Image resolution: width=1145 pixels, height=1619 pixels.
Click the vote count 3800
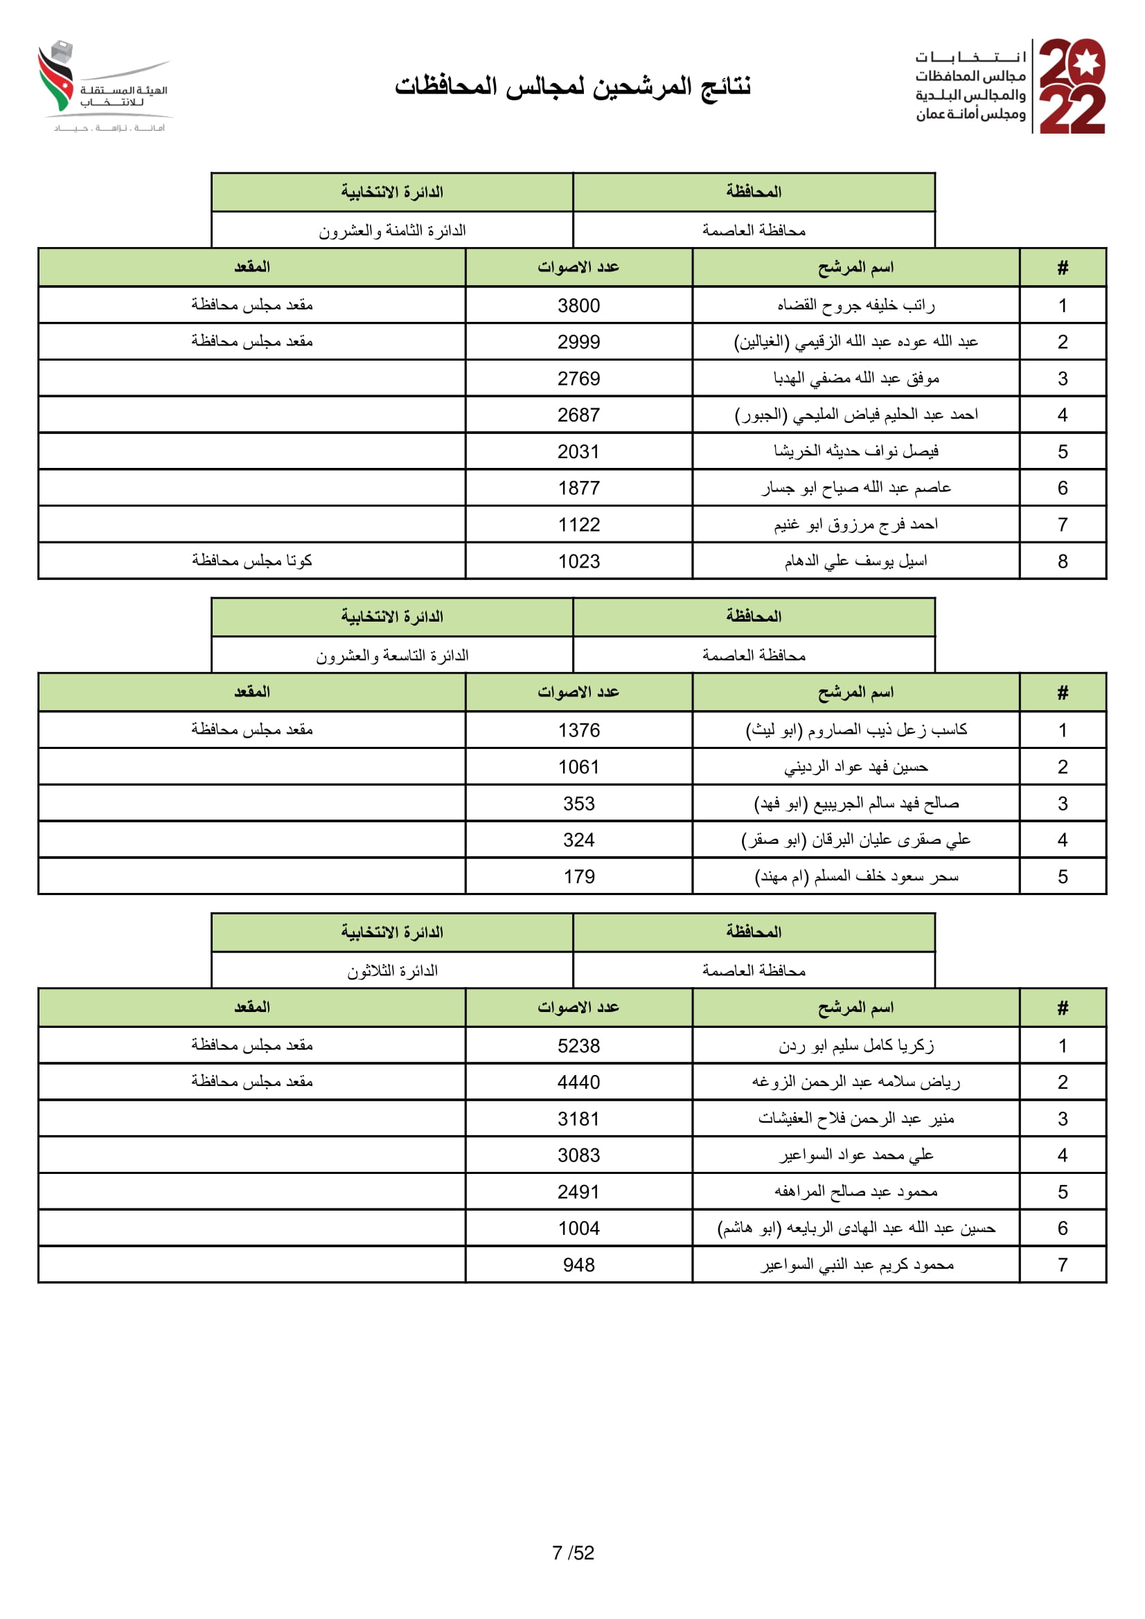578,305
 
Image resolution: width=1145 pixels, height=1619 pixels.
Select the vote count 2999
578,342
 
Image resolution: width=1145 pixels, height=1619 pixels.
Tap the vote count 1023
578,561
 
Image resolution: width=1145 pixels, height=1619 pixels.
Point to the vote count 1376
578,730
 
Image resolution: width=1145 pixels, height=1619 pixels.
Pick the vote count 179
578,876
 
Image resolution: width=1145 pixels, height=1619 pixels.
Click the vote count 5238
578,1046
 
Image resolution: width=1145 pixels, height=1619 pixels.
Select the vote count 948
578,1265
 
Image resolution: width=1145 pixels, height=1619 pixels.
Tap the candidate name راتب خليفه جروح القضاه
855,305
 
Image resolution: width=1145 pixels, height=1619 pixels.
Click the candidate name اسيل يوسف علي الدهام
855,561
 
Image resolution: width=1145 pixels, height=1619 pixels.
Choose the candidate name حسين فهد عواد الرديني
855,767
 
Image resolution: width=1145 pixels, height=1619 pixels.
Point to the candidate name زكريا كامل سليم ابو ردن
855,1046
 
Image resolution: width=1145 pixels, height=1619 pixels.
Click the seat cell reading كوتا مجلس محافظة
252,561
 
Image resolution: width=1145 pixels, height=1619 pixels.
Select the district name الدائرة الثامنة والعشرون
392,230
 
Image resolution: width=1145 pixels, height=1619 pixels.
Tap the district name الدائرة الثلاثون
392,971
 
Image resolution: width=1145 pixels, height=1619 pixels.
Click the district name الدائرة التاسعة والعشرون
392,655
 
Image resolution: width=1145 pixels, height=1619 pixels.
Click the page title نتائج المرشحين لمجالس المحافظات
572,86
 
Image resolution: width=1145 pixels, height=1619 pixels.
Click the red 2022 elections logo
1072,86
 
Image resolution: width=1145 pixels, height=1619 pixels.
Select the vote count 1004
578,1229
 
